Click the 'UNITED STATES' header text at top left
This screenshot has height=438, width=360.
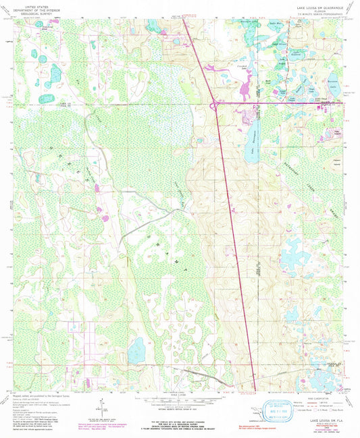pos(30,5)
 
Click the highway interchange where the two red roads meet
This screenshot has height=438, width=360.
pos(213,103)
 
